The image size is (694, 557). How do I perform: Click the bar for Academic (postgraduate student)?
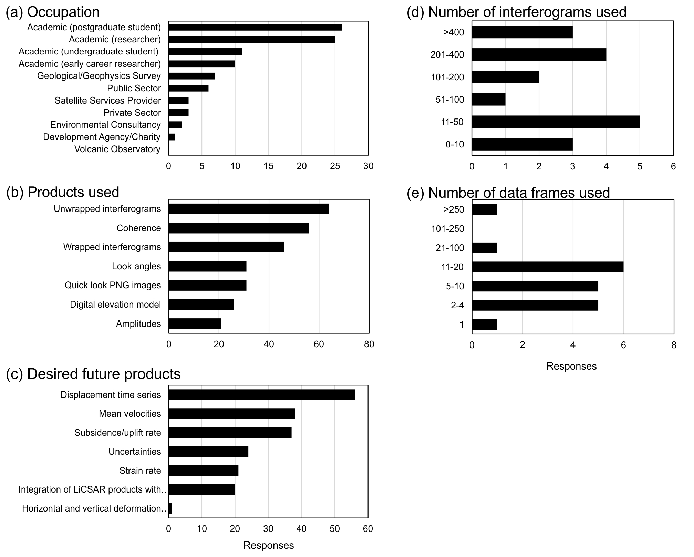[x=255, y=27]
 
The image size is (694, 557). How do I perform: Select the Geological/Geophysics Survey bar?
[x=192, y=76]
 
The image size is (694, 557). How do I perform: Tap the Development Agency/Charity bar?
[x=172, y=137]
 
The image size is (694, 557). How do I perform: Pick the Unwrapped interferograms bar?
[x=249, y=209]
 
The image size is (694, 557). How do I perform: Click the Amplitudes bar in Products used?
[x=195, y=324]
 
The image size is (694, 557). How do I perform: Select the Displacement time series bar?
[x=261, y=395]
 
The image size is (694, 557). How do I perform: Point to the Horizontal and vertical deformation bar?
[x=170, y=508]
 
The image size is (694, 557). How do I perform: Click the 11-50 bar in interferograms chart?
[x=556, y=122]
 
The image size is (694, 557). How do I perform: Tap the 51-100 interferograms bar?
[x=488, y=100]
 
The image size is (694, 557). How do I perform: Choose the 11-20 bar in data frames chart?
[x=547, y=267]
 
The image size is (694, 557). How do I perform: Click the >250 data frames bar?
[x=484, y=209]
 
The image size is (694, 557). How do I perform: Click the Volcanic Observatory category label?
[x=117, y=149]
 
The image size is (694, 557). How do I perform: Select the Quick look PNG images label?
[x=113, y=286]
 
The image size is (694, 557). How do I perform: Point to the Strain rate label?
[x=140, y=471]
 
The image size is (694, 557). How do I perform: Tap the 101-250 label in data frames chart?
[x=447, y=229]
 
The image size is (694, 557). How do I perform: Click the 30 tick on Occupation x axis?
[x=368, y=166]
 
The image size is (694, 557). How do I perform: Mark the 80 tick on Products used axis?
[x=369, y=344]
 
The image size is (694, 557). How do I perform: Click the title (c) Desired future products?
[x=93, y=374]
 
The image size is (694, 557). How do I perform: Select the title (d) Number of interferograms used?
[x=516, y=12]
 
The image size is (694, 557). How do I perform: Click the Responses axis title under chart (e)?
[x=571, y=366]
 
